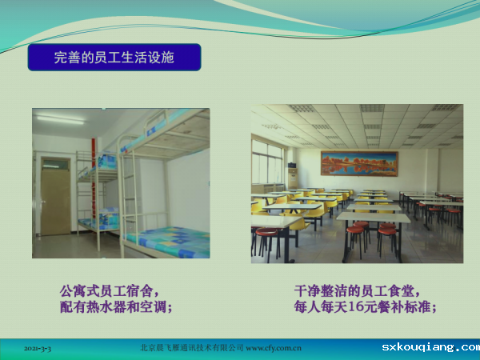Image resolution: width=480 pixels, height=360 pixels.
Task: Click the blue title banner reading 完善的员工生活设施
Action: tap(114, 58)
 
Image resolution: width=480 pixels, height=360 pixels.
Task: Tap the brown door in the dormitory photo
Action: tap(56, 202)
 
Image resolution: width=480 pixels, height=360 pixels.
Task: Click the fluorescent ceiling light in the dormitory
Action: tap(61, 119)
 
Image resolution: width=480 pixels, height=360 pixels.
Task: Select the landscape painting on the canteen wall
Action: tap(359, 163)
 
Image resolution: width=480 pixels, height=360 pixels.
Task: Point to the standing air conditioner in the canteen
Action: tap(293, 176)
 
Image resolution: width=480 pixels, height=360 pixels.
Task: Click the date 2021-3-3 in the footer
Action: tap(38, 348)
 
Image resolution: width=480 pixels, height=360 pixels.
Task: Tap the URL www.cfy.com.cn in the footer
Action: tap(274, 348)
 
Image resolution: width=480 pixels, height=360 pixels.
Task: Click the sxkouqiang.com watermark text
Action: tap(430, 347)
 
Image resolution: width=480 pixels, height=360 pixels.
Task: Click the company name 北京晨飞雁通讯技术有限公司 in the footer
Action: tap(192, 348)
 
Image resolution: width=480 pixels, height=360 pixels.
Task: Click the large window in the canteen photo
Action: tap(267, 162)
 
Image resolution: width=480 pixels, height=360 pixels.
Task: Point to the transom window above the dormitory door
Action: tap(56, 164)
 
